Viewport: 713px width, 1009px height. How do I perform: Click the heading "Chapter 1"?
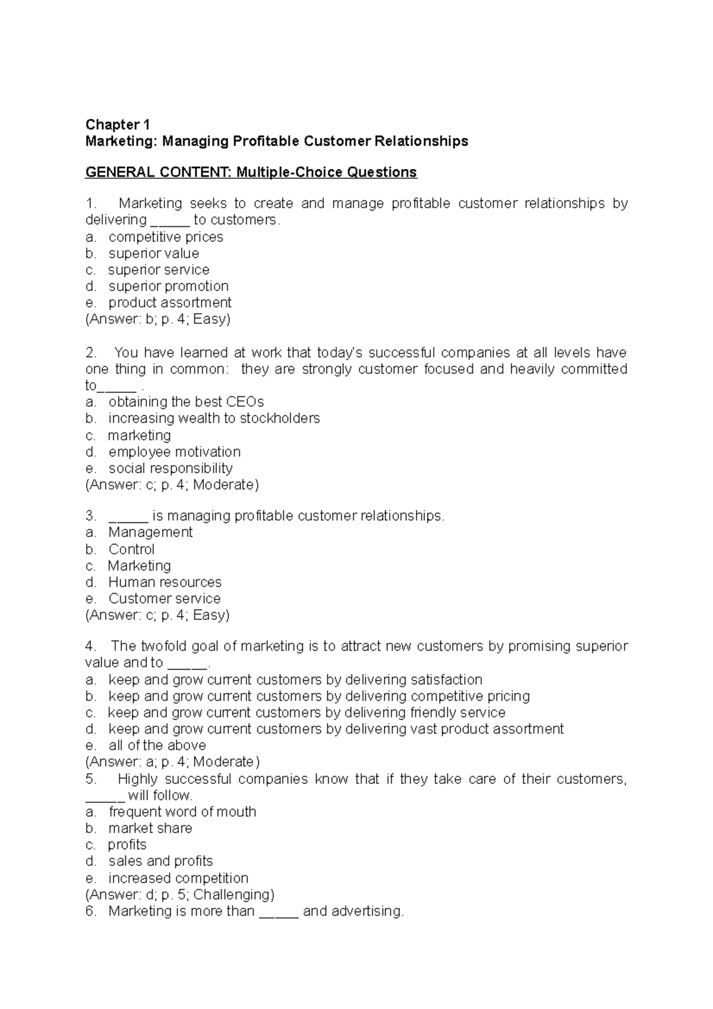[x=118, y=125]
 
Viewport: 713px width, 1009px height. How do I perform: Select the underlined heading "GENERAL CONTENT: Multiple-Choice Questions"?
[x=251, y=172]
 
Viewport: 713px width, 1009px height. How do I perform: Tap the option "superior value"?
[x=153, y=254]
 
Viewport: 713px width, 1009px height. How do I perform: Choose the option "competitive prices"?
[x=166, y=237]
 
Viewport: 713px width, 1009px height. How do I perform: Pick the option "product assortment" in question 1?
[x=169, y=302]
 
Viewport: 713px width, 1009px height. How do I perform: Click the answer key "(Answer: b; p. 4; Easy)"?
[x=158, y=319]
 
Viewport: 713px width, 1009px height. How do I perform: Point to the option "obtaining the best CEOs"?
[x=186, y=402]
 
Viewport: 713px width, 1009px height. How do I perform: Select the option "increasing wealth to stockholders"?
[x=214, y=418]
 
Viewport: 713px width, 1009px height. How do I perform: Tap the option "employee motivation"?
[x=174, y=452]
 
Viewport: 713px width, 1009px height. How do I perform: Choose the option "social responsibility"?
[x=171, y=468]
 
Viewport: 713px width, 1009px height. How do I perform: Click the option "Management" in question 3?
[x=150, y=532]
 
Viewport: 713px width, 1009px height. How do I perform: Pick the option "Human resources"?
[x=165, y=582]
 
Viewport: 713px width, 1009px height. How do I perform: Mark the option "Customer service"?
[x=165, y=598]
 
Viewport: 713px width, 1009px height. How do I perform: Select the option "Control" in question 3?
[x=131, y=549]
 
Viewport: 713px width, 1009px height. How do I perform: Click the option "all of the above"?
[x=157, y=746]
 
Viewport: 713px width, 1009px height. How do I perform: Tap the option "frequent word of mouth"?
[x=182, y=812]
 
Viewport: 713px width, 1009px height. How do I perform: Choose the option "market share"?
[x=150, y=828]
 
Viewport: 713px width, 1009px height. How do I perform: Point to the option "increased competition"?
[x=178, y=878]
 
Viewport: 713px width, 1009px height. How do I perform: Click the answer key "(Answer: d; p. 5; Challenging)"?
[x=180, y=895]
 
